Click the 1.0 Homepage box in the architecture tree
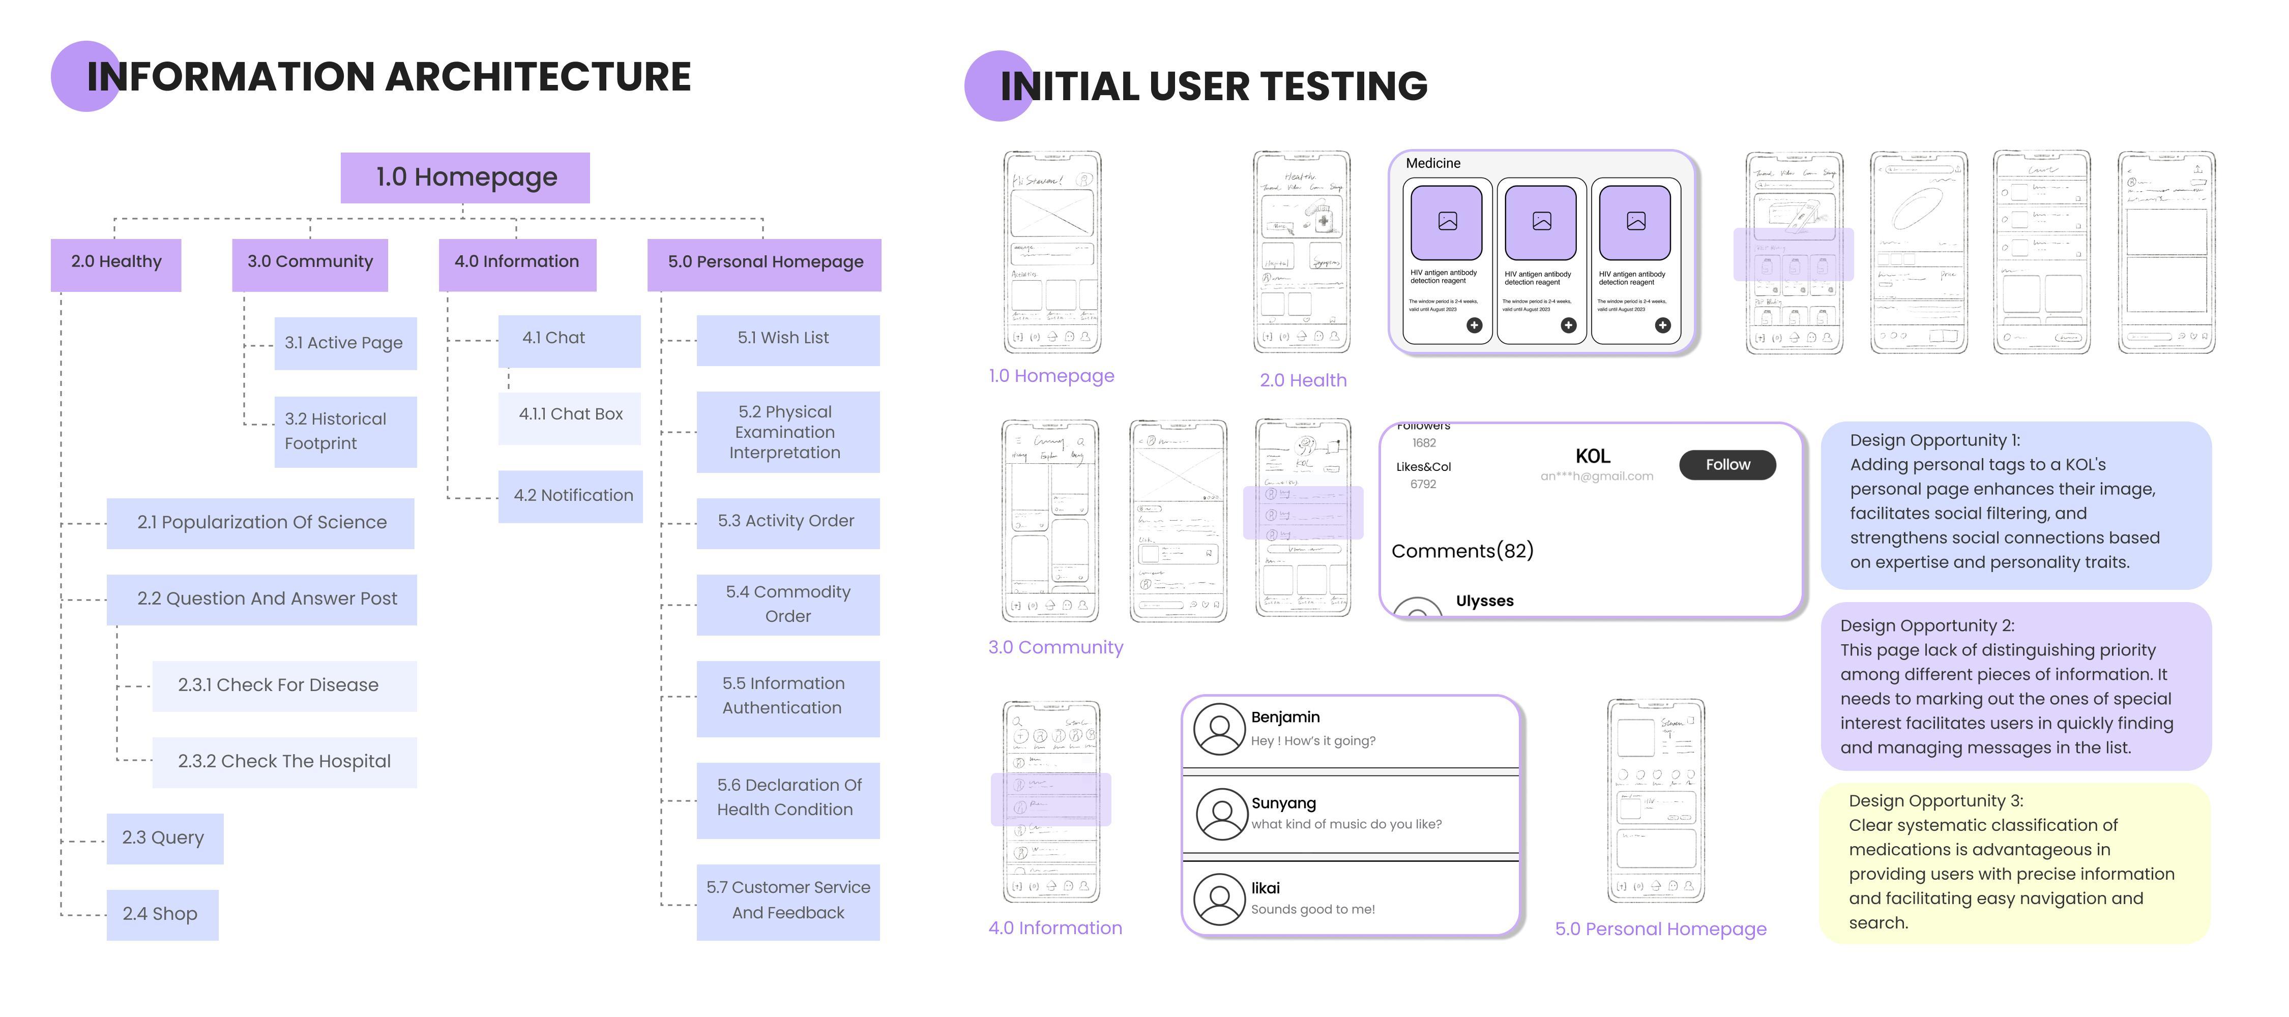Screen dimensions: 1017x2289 [x=465, y=177]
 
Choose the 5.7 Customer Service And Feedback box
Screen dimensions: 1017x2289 [x=787, y=901]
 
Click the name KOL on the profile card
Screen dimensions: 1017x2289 [x=1592, y=457]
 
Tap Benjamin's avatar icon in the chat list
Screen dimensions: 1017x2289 [x=1219, y=730]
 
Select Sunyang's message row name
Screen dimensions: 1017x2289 [x=1283, y=803]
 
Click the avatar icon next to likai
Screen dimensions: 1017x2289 [x=1219, y=899]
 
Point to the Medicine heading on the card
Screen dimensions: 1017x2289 [x=1432, y=163]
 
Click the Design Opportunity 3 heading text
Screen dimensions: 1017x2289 [x=1935, y=801]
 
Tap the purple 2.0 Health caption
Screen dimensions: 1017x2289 [x=1303, y=381]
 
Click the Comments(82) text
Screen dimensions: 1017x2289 [x=1462, y=552]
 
